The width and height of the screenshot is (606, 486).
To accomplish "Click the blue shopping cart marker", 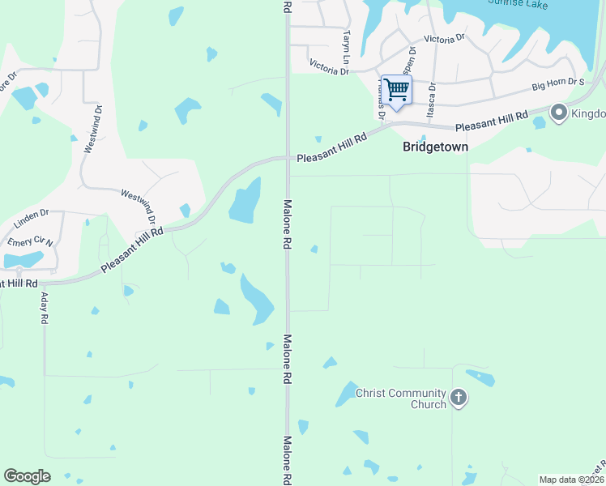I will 396,91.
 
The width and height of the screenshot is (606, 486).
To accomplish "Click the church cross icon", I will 459,398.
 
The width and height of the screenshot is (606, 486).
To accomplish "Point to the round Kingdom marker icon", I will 558,113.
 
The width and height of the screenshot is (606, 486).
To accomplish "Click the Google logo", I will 28,476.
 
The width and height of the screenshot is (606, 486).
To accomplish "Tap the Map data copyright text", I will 570,480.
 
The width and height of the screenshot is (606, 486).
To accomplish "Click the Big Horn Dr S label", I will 557,83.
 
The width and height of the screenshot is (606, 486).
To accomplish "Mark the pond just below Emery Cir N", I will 23,260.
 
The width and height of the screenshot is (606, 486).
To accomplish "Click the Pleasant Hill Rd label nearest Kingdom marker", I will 492,122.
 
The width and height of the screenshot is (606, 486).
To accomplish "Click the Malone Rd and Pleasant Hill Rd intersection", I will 287,159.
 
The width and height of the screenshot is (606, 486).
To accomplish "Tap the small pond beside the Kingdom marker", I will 540,123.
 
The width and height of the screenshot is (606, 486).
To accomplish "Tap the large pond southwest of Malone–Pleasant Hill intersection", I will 245,200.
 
